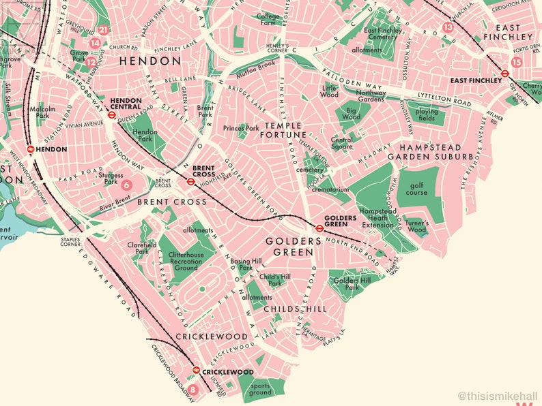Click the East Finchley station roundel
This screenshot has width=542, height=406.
505,74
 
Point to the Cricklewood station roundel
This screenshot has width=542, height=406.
197,371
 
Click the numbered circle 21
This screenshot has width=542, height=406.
104,29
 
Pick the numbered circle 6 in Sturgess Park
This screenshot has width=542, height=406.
126,184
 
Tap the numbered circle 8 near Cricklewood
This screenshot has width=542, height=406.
193,390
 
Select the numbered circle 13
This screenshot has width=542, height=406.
448,27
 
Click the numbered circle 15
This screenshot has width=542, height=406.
517,62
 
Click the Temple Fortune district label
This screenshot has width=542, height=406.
283,131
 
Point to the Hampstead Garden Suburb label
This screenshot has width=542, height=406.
436,151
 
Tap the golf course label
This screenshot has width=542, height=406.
418,188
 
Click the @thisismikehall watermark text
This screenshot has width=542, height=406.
499,395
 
